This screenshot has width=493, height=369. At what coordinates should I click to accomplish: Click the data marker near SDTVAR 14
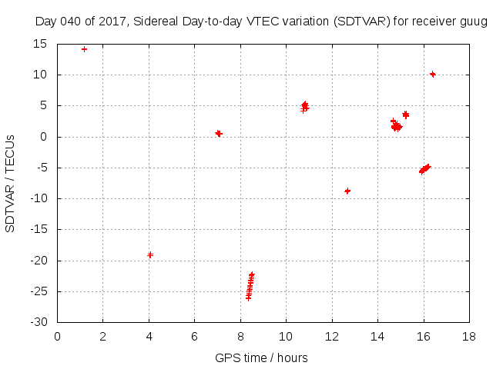[x=84, y=49]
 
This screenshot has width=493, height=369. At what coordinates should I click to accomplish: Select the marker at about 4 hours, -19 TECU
[x=150, y=254]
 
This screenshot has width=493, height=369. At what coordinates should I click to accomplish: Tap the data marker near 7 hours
[x=219, y=134]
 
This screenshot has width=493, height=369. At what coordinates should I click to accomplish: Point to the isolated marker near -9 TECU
[x=347, y=191]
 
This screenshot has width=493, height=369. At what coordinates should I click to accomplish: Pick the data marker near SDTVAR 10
[x=433, y=75]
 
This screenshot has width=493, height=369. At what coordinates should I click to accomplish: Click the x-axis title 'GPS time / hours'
[x=261, y=357]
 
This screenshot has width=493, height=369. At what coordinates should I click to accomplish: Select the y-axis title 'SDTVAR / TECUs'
[x=11, y=184]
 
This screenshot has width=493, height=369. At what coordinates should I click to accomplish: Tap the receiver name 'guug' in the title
[x=474, y=22]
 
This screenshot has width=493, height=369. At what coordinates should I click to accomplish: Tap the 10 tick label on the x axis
[x=286, y=336]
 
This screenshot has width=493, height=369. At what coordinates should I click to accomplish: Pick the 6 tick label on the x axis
[x=194, y=336]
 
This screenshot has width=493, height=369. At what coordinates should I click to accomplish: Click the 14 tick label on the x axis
[x=377, y=336]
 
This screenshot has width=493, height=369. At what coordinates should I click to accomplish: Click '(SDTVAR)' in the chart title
[x=361, y=22]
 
